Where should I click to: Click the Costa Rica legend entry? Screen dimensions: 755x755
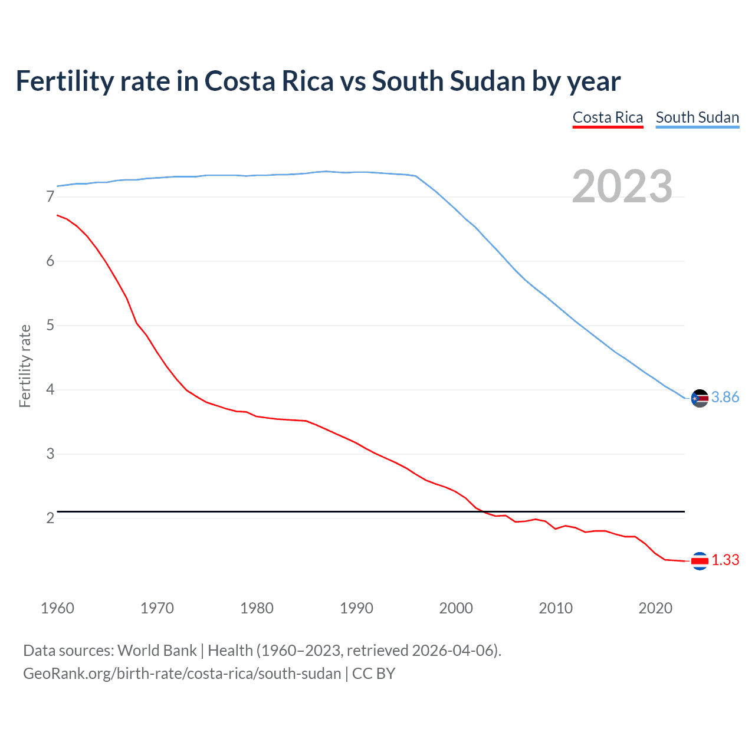point(608,117)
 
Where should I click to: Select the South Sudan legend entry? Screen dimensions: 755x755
point(697,117)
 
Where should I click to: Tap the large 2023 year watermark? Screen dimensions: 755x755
point(622,186)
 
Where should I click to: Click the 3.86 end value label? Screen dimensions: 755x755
point(725,398)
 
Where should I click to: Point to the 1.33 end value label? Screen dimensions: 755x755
point(725,560)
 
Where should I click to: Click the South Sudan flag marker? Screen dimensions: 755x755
point(700,399)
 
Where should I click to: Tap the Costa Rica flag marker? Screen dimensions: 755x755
point(700,561)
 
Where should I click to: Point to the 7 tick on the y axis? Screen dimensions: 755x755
point(50,197)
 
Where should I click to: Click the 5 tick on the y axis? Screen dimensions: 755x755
point(50,326)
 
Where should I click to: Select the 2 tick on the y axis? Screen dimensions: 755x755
point(50,518)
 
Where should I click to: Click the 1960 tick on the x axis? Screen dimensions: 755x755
point(57,608)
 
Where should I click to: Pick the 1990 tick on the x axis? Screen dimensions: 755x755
point(356,608)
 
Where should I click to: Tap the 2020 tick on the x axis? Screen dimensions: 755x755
point(655,608)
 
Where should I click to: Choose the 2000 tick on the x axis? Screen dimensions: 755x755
point(456,608)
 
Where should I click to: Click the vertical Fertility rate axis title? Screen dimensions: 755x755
point(25,366)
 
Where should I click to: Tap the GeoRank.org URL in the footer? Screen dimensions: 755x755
point(182,674)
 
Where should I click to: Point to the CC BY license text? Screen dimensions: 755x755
point(373,674)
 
